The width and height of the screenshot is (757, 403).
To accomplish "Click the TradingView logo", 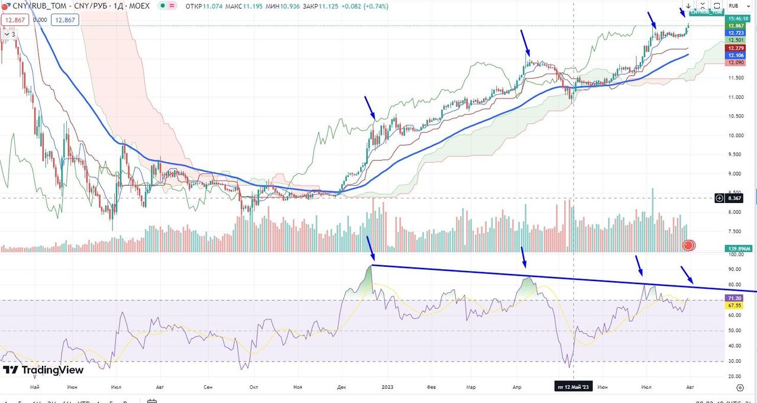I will pyautogui.click(x=43, y=370).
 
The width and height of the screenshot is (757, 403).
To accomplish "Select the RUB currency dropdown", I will pyautogui.click(x=734, y=5).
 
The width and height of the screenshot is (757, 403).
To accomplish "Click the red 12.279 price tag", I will pyautogui.click(x=736, y=48).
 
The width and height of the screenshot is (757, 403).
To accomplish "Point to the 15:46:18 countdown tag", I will pyautogui.click(x=736, y=18).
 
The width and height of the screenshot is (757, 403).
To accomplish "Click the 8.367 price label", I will pyautogui.click(x=736, y=198).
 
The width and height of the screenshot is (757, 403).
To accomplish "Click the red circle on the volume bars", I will pyautogui.click(x=688, y=245).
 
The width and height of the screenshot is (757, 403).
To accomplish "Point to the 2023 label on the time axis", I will pyautogui.click(x=387, y=387).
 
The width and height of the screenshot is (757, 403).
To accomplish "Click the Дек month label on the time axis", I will pyautogui.click(x=342, y=387).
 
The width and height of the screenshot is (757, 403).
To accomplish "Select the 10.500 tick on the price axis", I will pyautogui.click(x=736, y=116).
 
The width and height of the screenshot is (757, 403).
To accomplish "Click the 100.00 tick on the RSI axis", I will pyautogui.click(x=736, y=254).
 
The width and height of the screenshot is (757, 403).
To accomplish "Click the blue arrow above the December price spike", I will pyautogui.click(x=370, y=108).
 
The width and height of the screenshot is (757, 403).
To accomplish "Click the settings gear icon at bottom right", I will pyautogui.click(x=740, y=387).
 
